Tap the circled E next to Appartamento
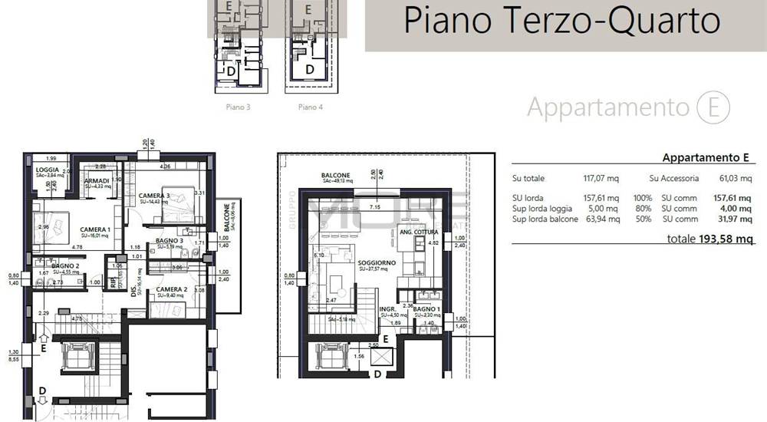(x=713, y=108)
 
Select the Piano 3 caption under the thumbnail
(x=238, y=107)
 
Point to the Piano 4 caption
(x=310, y=107)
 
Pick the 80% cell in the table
(x=642, y=208)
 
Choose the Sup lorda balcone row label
(x=543, y=219)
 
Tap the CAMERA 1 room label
(x=96, y=229)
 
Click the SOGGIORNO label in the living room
(x=376, y=262)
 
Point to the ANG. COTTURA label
(x=414, y=232)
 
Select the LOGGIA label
(x=48, y=170)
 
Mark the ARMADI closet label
(x=97, y=180)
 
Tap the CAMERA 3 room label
(x=154, y=196)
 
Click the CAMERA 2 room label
(x=171, y=289)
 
